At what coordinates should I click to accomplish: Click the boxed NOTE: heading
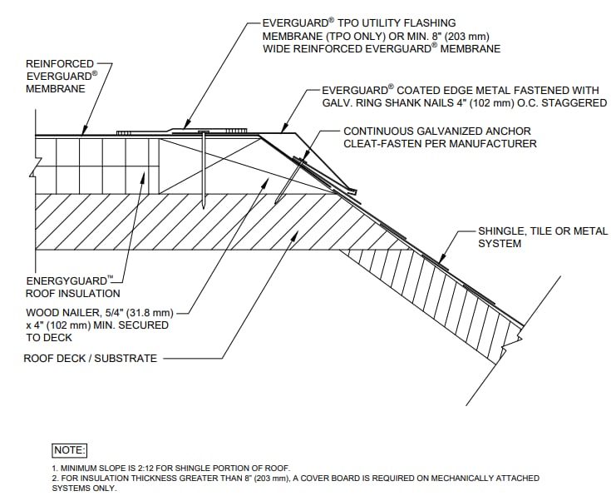click(69, 450)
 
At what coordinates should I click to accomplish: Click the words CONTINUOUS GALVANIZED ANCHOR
click(437, 131)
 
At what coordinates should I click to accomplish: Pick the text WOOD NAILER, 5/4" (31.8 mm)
click(99, 313)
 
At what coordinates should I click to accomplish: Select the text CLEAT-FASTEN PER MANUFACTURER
click(440, 144)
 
